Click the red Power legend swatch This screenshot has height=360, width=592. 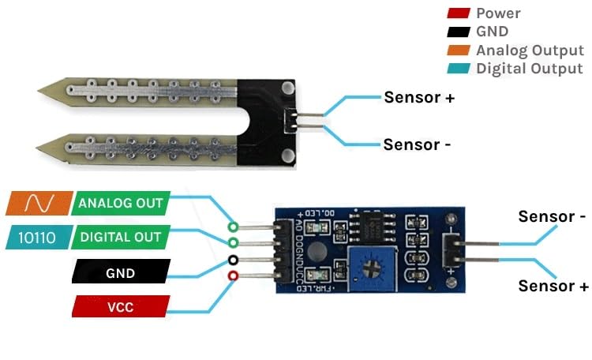point(458,13)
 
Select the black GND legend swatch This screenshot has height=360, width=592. point(458,32)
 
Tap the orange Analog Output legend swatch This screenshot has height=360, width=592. point(458,51)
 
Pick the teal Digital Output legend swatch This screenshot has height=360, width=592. point(458,69)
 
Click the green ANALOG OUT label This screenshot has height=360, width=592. point(120,203)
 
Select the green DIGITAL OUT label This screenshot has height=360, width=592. point(120,237)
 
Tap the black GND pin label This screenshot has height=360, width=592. point(119,273)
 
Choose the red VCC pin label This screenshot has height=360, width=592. point(120,306)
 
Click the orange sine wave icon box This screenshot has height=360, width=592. point(38,204)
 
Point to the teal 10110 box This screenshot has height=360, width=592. point(38,237)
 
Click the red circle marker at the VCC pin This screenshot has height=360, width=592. point(233,276)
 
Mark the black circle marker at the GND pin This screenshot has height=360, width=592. point(233,260)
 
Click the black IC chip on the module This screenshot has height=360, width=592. point(369,229)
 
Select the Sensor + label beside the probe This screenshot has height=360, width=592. point(419,98)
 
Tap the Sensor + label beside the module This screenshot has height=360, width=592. point(553,286)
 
